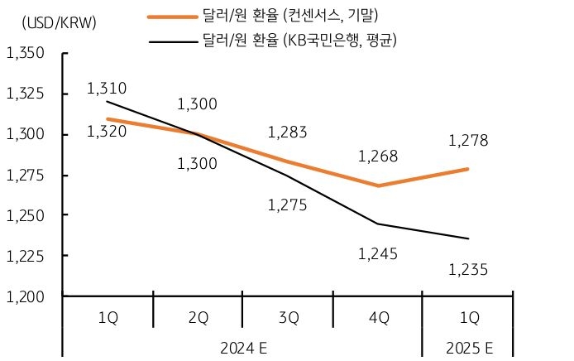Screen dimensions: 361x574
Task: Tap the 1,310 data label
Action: click(106, 89)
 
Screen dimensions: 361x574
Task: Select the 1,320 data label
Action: click(106, 131)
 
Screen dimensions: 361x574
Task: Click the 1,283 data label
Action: click(287, 132)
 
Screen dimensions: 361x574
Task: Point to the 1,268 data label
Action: click(377, 156)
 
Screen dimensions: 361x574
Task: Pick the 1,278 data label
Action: click(468, 141)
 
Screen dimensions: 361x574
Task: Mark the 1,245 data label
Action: click(377, 254)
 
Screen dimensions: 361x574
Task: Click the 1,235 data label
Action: click(468, 269)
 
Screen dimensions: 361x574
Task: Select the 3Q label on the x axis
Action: click(287, 317)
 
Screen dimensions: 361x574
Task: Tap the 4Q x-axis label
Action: click(377, 317)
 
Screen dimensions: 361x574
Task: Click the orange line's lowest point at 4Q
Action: click(378, 185)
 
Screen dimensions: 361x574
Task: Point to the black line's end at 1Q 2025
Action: click(468, 238)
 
